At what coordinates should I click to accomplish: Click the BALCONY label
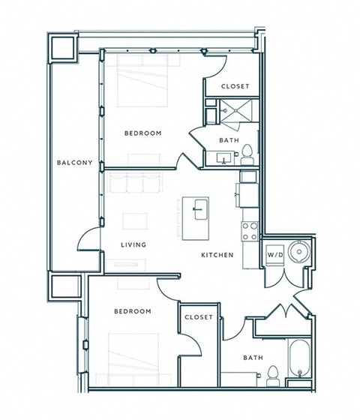(x=74, y=163)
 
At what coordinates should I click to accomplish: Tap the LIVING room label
(x=133, y=245)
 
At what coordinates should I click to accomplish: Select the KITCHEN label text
(x=217, y=255)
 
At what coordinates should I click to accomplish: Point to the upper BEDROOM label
(x=142, y=133)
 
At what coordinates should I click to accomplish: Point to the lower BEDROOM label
(x=133, y=311)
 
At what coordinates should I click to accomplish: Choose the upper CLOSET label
(x=235, y=87)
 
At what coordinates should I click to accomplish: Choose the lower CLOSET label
(x=199, y=317)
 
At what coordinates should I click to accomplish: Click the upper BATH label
(x=229, y=140)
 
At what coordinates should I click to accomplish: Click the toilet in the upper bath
(x=247, y=156)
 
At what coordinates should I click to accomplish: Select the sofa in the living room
(x=135, y=184)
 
